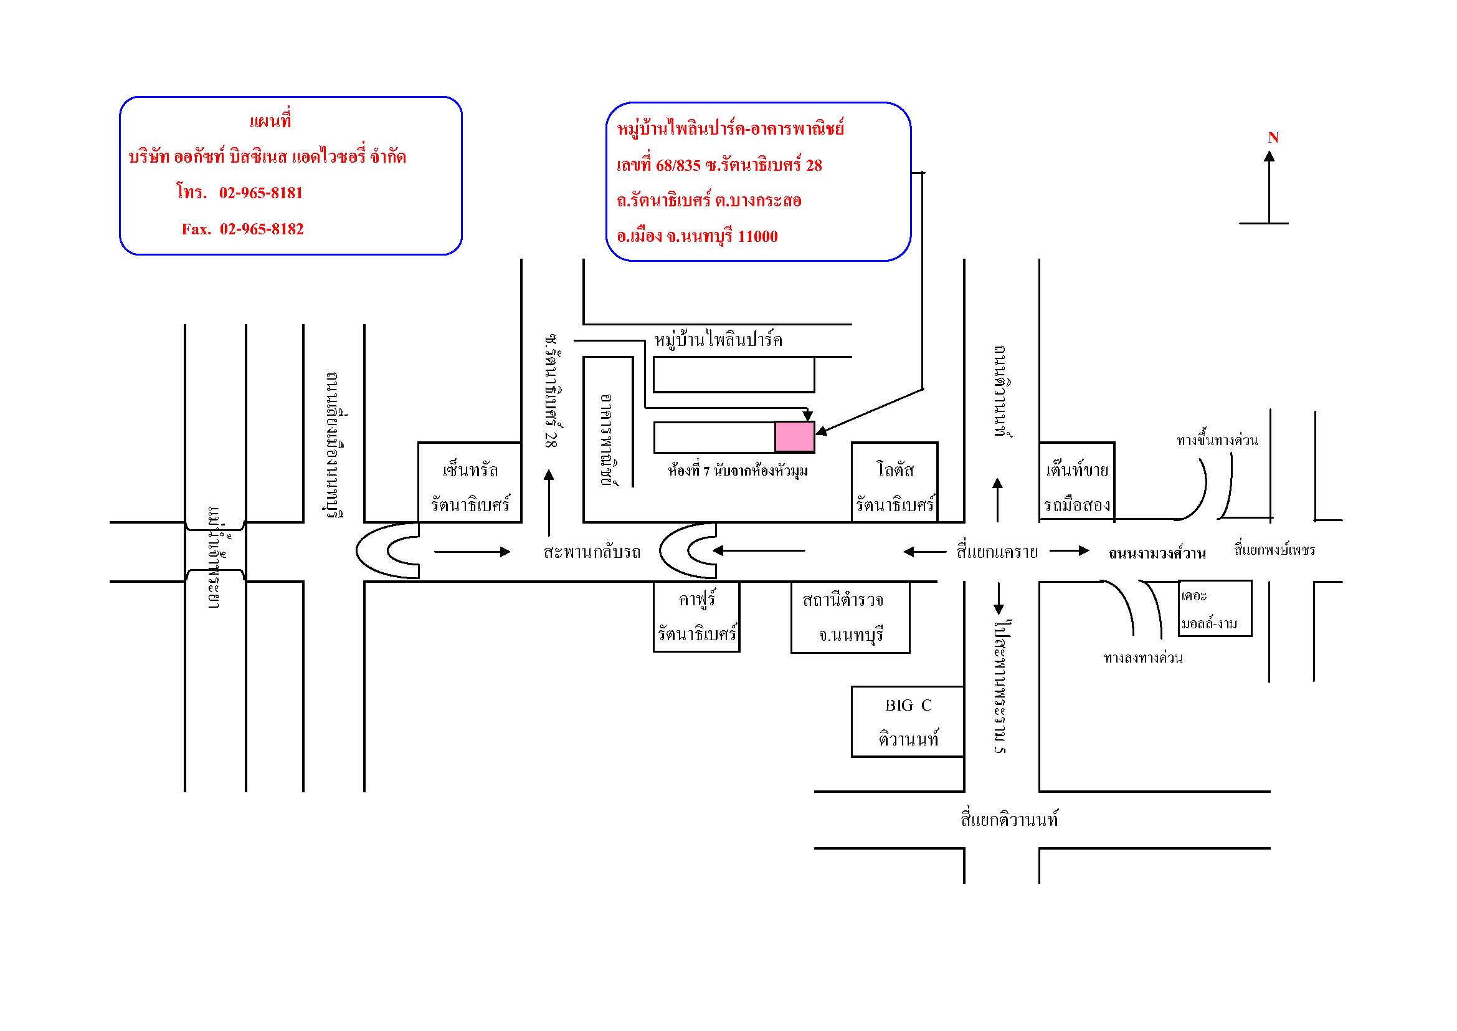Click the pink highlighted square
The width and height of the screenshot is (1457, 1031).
tap(794, 437)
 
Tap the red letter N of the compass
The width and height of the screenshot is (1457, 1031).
tap(1273, 138)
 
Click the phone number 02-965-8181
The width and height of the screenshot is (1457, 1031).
tap(261, 193)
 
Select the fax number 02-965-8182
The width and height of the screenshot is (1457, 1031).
tap(262, 229)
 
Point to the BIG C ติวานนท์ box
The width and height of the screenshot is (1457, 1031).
tap(908, 722)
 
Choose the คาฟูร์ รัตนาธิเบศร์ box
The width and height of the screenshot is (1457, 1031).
tap(696, 617)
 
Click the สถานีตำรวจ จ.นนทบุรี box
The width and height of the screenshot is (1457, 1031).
tap(850, 617)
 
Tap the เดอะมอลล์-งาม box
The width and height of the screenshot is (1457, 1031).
tap(1214, 609)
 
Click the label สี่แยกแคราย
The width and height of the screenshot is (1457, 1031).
tap(997, 552)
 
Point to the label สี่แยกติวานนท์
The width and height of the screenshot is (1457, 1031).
tap(1009, 820)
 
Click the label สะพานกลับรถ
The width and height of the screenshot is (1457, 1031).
tap(591, 552)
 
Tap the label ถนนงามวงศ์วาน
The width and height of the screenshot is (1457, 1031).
tap(1157, 554)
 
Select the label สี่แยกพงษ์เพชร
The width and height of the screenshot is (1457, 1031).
tap(1274, 550)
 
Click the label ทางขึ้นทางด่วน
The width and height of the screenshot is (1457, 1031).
tap(1217, 440)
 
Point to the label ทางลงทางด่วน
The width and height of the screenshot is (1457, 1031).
tap(1143, 658)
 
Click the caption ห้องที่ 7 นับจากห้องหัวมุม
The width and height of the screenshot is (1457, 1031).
tap(738, 471)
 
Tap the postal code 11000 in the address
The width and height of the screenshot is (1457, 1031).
tap(757, 237)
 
